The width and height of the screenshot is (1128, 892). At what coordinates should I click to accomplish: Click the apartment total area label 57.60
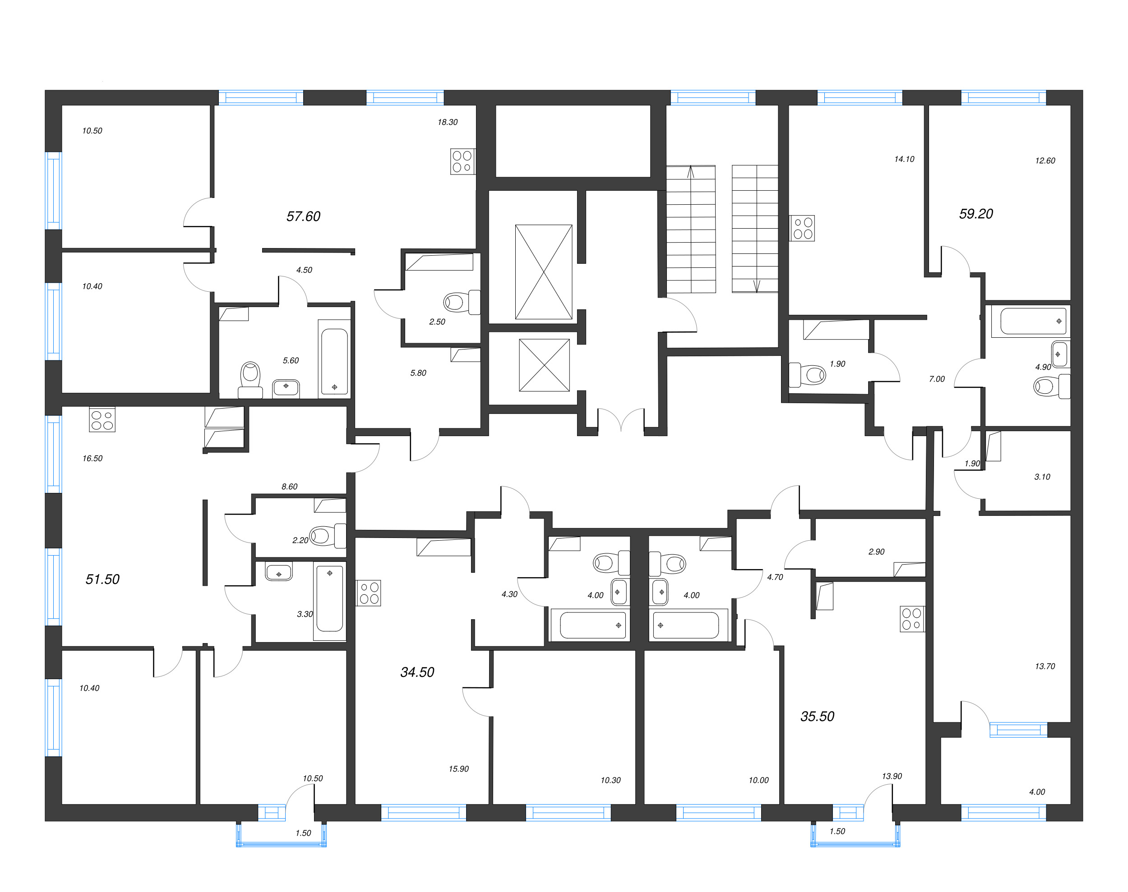click(303, 216)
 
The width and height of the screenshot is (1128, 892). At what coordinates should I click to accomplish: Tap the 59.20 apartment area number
click(975, 214)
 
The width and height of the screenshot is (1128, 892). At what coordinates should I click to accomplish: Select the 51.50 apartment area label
click(102, 579)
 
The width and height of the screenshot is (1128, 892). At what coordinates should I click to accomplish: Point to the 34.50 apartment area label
click(417, 672)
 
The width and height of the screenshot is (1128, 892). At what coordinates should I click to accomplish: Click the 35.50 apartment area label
click(817, 717)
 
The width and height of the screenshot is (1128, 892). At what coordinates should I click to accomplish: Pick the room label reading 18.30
click(447, 122)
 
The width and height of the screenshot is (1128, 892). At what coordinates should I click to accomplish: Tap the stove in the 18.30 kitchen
click(462, 161)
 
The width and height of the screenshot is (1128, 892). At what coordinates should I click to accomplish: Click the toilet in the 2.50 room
click(456, 302)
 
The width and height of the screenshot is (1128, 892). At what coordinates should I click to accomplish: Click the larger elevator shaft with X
click(543, 271)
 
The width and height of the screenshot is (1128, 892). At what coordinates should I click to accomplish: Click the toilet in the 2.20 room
click(321, 535)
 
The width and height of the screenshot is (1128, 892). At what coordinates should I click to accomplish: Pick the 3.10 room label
click(1042, 477)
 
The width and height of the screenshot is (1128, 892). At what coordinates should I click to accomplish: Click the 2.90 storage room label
click(876, 552)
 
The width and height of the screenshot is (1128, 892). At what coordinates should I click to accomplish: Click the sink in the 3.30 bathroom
click(278, 572)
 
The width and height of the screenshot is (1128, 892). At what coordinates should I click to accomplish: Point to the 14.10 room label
click(904, 159)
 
